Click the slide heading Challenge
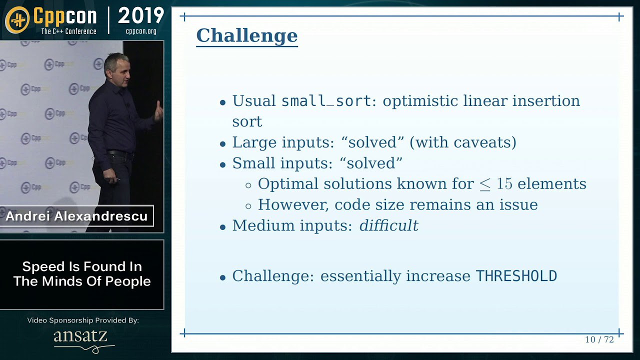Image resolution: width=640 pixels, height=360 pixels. tap(247, 35)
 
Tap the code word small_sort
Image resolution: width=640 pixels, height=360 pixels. tap(326, 101)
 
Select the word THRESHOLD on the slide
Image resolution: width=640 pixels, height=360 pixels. tap(516, 276)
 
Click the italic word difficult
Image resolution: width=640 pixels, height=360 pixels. tap(389, 225)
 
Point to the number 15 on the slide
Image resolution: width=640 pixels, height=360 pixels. tap(504, 183)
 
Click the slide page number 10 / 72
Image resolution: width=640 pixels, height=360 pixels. tap(599, 339)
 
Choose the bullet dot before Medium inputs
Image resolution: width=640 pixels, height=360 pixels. tap(223, 227)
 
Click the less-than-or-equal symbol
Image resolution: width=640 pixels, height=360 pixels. tap(484, 185)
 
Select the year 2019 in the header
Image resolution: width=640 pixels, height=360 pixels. tap(140, 15)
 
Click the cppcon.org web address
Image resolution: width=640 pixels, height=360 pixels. tap(141, 31)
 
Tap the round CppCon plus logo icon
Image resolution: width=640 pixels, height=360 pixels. tap(17, 19)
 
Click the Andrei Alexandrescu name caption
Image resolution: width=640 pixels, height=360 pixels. tap(76, 216)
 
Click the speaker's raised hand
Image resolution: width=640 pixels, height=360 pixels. tap(158, 111)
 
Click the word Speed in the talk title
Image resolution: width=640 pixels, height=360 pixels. tap(43, 267)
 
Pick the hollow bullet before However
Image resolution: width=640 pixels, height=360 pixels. tap(248, 206)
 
